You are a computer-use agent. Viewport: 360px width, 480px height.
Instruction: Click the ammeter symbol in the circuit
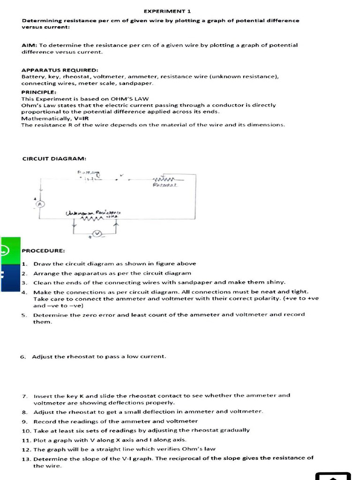40,204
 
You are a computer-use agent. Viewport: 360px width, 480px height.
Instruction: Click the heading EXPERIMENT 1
161,11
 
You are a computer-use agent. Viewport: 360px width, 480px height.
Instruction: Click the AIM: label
30,45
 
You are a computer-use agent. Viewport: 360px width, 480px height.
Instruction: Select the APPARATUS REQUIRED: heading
60,70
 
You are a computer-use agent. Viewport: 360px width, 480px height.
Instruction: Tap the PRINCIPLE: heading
39,92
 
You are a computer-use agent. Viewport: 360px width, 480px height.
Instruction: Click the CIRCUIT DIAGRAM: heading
54,158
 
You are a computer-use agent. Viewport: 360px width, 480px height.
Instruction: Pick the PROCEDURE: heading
43,251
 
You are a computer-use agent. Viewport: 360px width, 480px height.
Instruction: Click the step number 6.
22,357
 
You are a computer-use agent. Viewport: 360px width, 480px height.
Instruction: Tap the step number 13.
26,458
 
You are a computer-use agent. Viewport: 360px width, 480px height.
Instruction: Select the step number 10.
26,430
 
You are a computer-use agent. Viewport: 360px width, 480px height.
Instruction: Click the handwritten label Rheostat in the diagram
164,186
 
